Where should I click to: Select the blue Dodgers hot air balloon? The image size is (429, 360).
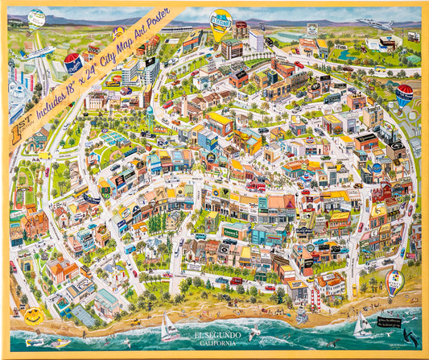73,61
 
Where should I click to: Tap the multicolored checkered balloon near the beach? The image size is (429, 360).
394,281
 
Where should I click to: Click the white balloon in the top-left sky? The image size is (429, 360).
36,19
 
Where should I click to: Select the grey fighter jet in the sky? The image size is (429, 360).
375,25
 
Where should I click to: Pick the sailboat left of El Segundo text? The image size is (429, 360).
168,328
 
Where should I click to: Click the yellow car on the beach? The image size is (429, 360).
61,343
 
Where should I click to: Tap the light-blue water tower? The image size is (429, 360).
150,114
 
